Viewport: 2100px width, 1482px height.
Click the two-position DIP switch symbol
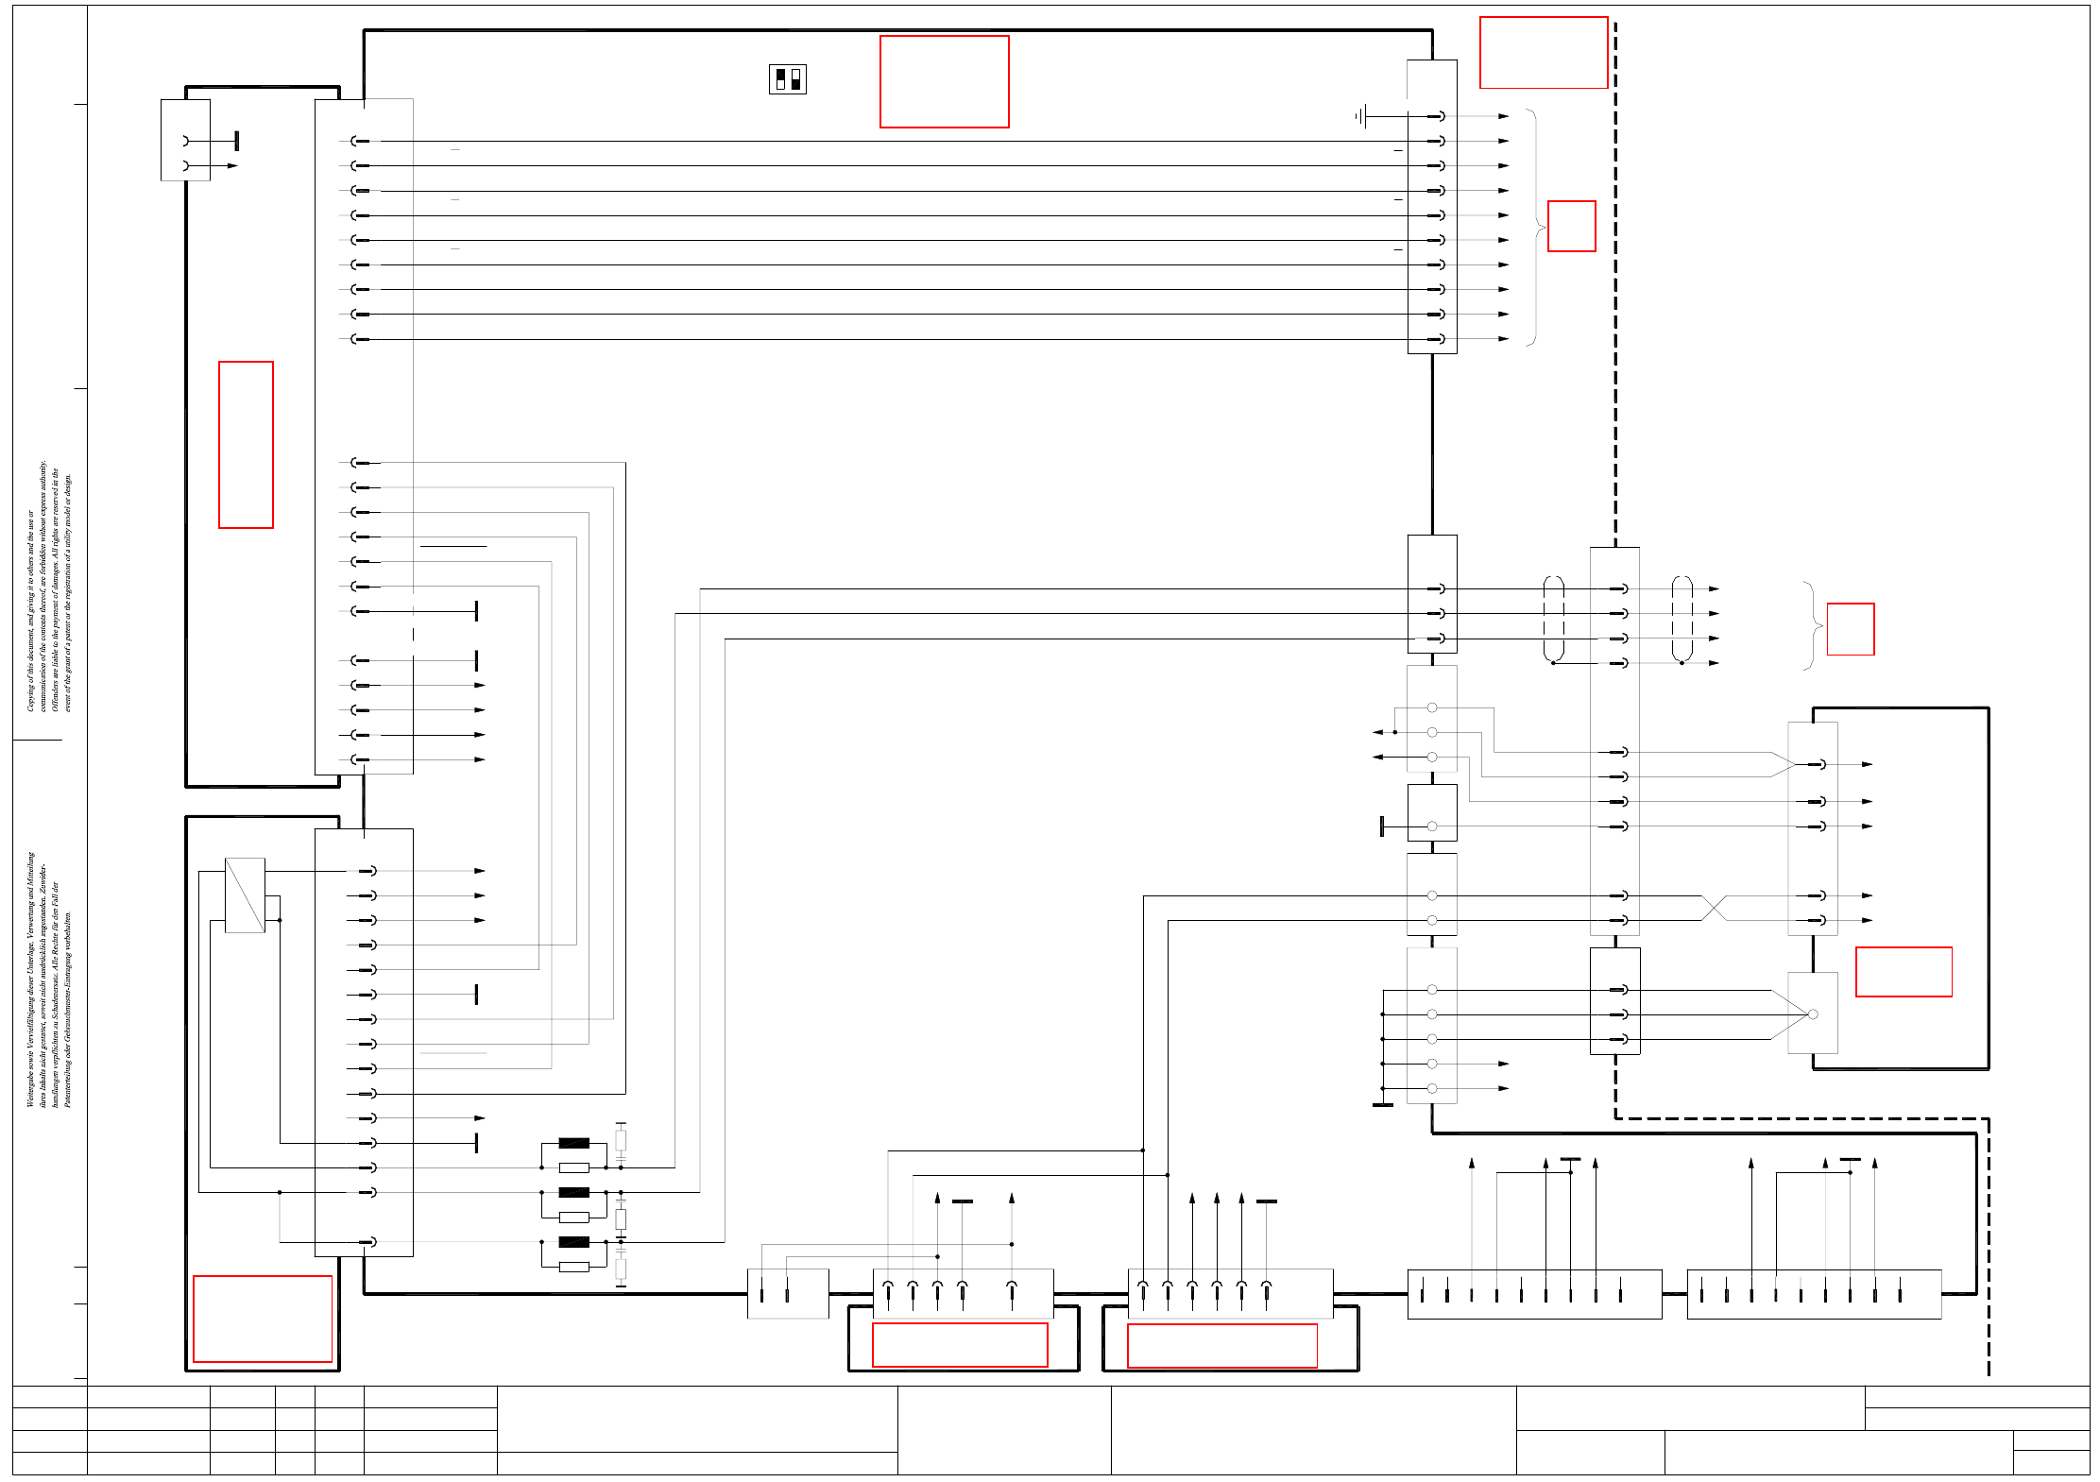(788, 79)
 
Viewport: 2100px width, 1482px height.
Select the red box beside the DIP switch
(944, 81)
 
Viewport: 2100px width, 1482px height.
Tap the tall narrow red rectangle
(246, 444)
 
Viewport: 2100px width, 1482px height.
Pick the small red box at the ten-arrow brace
(1571, 226)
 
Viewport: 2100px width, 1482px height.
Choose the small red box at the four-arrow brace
(1850, 629)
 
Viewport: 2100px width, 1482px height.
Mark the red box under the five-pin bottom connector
(960, 1344)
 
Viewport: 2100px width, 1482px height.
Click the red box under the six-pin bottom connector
(1221, 1345)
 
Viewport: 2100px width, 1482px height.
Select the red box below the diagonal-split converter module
(263, 1319)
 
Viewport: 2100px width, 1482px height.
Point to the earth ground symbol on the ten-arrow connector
(1360, 116)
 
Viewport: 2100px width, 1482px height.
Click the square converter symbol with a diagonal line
(245, 894)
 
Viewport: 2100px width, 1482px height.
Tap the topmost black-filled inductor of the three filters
(573, 1143)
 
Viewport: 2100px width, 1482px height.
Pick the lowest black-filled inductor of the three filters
(573, 1242)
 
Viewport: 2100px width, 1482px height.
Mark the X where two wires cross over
(1714, 908)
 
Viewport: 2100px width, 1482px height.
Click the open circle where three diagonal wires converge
(1812, 1014)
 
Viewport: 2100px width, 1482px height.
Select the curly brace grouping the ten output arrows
(1534, 227)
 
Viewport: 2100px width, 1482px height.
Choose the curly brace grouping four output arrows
(1811, 625)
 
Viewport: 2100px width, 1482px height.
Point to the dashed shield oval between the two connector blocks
(1553, 619)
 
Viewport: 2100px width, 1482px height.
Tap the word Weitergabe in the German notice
(30, 1086)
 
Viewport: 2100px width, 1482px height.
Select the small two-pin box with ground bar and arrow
(185, 140)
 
